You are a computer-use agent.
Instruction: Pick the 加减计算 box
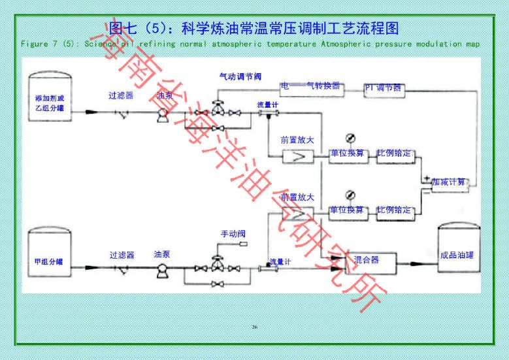(450, 182)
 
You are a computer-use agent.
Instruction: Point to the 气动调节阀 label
(242, 76)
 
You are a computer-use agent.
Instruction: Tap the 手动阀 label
(233, 234)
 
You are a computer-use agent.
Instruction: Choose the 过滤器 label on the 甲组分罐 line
(122, 255)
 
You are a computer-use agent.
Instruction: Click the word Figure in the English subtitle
(34, 44)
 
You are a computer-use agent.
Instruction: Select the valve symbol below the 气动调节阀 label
(218, 107)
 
